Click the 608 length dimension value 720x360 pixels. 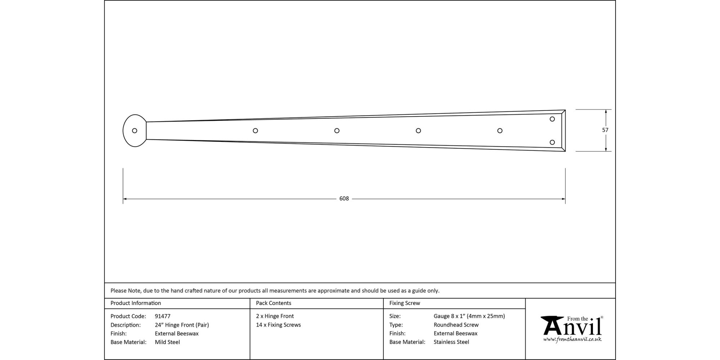click(344, 199)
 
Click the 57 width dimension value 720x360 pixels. click(605, 130)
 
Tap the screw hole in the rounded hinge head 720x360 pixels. click(135, 131)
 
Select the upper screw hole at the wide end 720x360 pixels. click(552, 119)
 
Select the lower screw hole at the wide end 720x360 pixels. click(552, 143)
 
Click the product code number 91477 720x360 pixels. click(162, 316)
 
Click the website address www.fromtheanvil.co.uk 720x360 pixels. click(572, 339)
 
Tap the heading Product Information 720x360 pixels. click(136, 303)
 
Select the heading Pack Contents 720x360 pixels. click(274, 303)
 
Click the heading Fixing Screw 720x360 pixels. click(405, 303)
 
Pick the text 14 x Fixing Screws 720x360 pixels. click(278, 325)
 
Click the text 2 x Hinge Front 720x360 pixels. click(275, 316)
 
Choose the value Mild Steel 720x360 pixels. click(167, 342)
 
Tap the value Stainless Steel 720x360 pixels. click(451, 342)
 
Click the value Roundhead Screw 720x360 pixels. click(456, 325)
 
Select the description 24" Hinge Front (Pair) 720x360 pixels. click(182, 325)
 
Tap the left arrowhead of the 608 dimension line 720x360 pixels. click(125, 199)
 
